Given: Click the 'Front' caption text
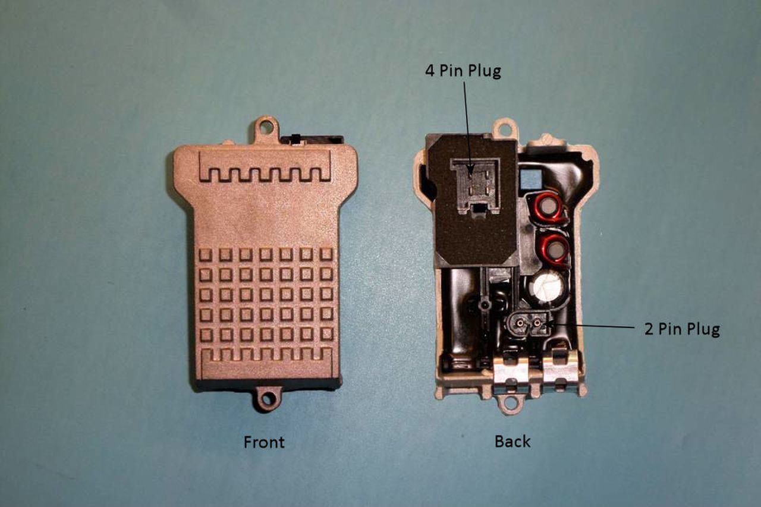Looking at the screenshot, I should [264, 442].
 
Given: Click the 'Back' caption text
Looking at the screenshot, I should [512, 441].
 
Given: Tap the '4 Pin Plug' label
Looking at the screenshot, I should [463, 71].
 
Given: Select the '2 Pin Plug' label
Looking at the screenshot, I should [682, 329].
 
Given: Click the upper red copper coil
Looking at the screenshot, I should [549, 206].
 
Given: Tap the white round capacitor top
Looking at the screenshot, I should [548, 287].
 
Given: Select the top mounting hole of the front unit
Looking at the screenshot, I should [266, 127].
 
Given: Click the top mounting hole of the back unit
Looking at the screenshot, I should [505, 128].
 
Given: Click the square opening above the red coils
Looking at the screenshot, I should [532, 177].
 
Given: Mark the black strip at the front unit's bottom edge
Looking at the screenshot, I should [268, 384].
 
